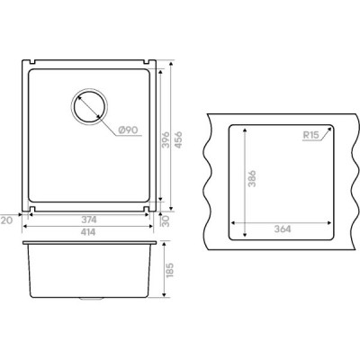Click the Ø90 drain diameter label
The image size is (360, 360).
coord(128,130)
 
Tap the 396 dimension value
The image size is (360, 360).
coord(166,139)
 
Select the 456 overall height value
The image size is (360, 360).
coord(178,139)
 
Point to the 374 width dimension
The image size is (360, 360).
coord(89,220)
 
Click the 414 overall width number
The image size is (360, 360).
coord(88,232)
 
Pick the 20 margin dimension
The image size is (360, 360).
coord(6,220)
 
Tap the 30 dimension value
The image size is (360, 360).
coord(166,221)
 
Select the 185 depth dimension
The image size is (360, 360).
coord(169,270)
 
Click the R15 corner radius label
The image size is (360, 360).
coord(310,135)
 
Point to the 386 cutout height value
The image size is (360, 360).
coord(252,178)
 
